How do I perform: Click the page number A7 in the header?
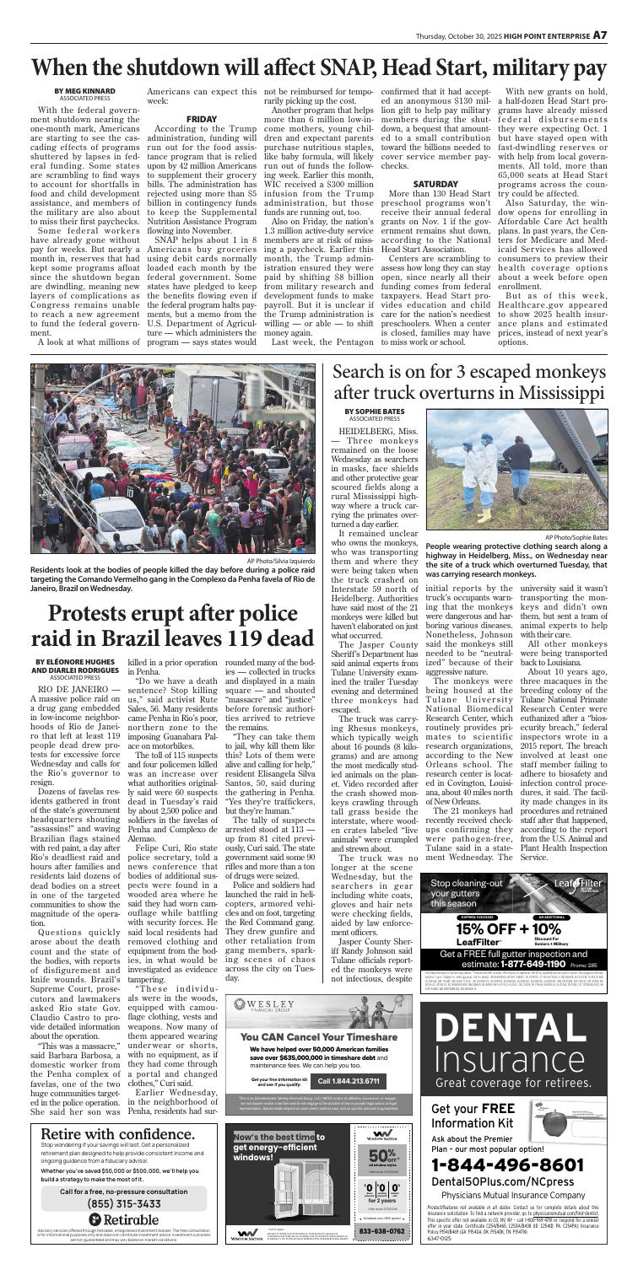[623, 13]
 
